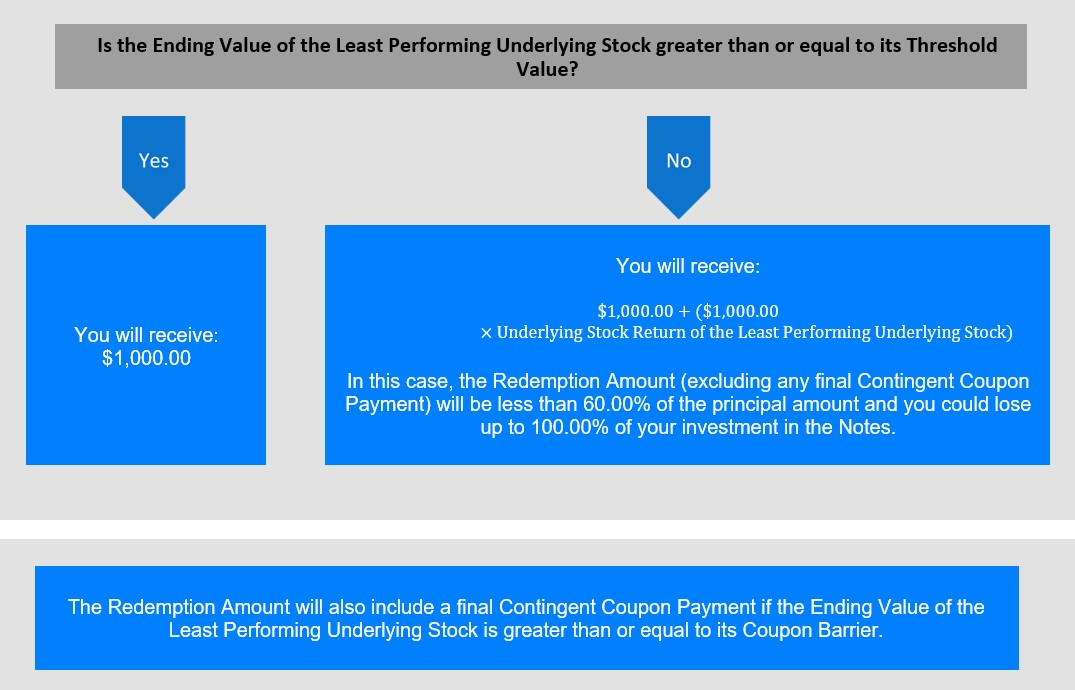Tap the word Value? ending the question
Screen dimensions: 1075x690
pyautogui.click(x=547, y=69)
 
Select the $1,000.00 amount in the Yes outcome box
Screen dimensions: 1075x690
pyautogui.click(x=146, y=358)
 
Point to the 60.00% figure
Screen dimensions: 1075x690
pyautogui.click(x=616, y=404)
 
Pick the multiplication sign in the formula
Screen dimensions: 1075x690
pyautogui.click(x=486, y=333)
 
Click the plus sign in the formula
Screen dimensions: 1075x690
pyautogui.click(x=684, y=311)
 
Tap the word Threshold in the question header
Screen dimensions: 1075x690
pyautogui.click(x=952, y=45)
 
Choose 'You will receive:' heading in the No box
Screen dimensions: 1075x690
pyautogui.click(x=688, y=266)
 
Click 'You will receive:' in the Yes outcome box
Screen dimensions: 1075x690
pyautogui.click(x=146, y=335)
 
